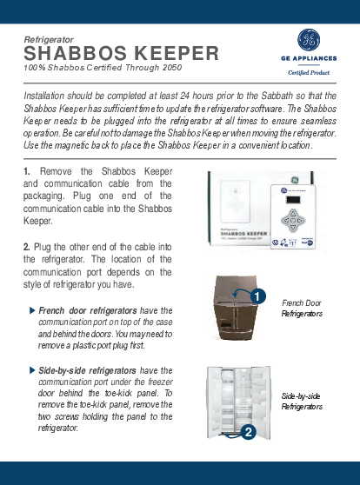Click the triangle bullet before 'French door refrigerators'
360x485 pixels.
click(32, 310)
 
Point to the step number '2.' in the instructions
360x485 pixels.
click(27, 249)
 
